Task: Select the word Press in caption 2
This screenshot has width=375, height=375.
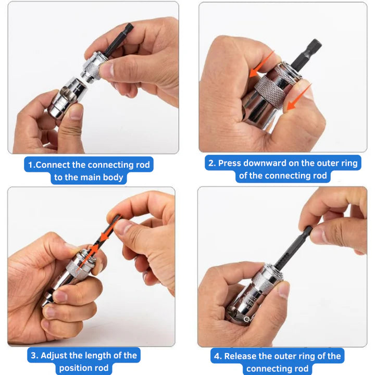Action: tap(229, 163)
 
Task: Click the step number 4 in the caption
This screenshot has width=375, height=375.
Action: tap(216, 356)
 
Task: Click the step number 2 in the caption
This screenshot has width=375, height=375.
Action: tap(211, 163)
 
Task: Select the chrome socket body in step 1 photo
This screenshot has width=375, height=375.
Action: tap(63, 96)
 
